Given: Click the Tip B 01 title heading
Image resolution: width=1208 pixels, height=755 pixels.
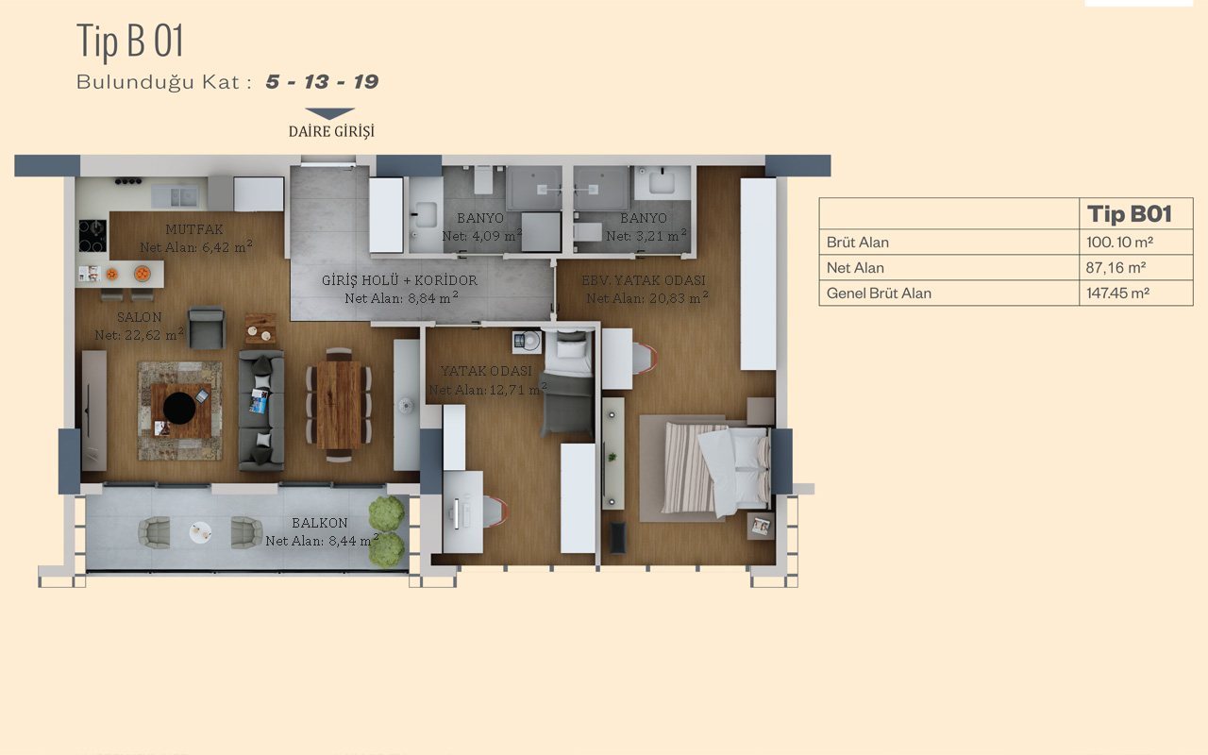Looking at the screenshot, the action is (130, 41).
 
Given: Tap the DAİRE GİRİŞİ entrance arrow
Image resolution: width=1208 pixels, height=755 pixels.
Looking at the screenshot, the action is (330, 113).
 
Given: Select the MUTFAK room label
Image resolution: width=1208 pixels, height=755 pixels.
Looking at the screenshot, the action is (194, 229).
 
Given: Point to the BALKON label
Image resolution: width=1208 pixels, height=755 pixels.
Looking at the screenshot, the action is (320, 523).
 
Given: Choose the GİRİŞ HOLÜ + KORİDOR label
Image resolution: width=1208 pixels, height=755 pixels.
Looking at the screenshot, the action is (399, 280).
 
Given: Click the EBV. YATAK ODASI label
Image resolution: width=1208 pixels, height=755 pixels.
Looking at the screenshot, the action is (644, 280).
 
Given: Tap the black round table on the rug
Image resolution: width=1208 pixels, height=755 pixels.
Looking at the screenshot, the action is (179, 408).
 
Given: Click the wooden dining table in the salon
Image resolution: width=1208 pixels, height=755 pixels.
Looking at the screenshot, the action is (339, 405).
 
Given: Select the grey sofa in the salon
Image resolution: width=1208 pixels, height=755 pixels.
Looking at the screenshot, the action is (261, 410).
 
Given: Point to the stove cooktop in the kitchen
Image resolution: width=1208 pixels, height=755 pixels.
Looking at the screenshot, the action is (92, 236).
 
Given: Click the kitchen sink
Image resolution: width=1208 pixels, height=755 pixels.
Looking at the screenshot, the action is (176, 196).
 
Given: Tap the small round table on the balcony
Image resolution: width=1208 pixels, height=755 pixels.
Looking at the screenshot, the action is (201, 532).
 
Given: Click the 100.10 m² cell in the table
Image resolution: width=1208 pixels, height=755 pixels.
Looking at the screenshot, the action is (1119, 243).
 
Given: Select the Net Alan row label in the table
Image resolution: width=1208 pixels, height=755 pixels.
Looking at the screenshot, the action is (855, 268).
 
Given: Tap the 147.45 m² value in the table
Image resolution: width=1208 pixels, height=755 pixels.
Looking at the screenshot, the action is (1117, 293).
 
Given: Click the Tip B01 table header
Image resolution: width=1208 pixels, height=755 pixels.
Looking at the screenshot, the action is (1130, 214).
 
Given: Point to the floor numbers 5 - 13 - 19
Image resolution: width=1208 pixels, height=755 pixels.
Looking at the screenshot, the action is (322, 82).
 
